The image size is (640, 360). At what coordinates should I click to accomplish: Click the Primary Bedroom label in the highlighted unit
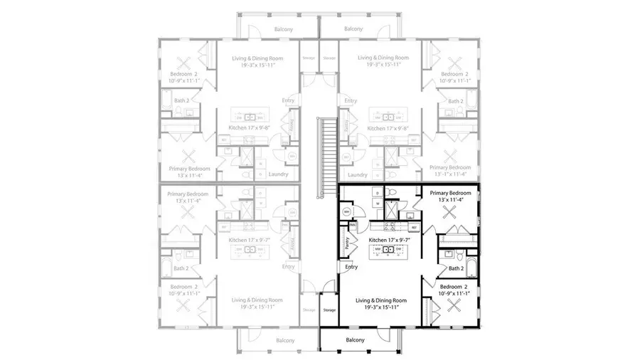[450, 192]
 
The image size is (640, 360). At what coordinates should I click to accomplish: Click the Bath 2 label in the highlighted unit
[456, 268]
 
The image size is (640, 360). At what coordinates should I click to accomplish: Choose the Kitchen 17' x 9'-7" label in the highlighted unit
[390, 240]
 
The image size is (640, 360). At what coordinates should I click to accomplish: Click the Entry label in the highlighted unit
[351, 267]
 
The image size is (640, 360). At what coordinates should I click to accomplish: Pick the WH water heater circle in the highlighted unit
[346, 211]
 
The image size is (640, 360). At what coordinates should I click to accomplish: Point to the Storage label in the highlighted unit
[329, 309]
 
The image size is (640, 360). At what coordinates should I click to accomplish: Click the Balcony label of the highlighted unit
[354, 340]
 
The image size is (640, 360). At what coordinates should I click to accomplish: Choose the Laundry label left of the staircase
[278, 174]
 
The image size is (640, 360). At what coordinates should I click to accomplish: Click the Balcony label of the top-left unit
[284, 29]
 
